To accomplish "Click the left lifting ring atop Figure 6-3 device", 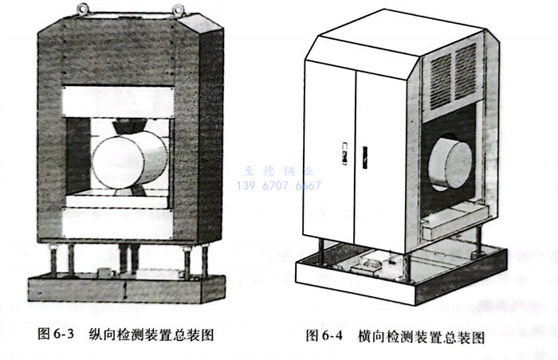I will [82, 9].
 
